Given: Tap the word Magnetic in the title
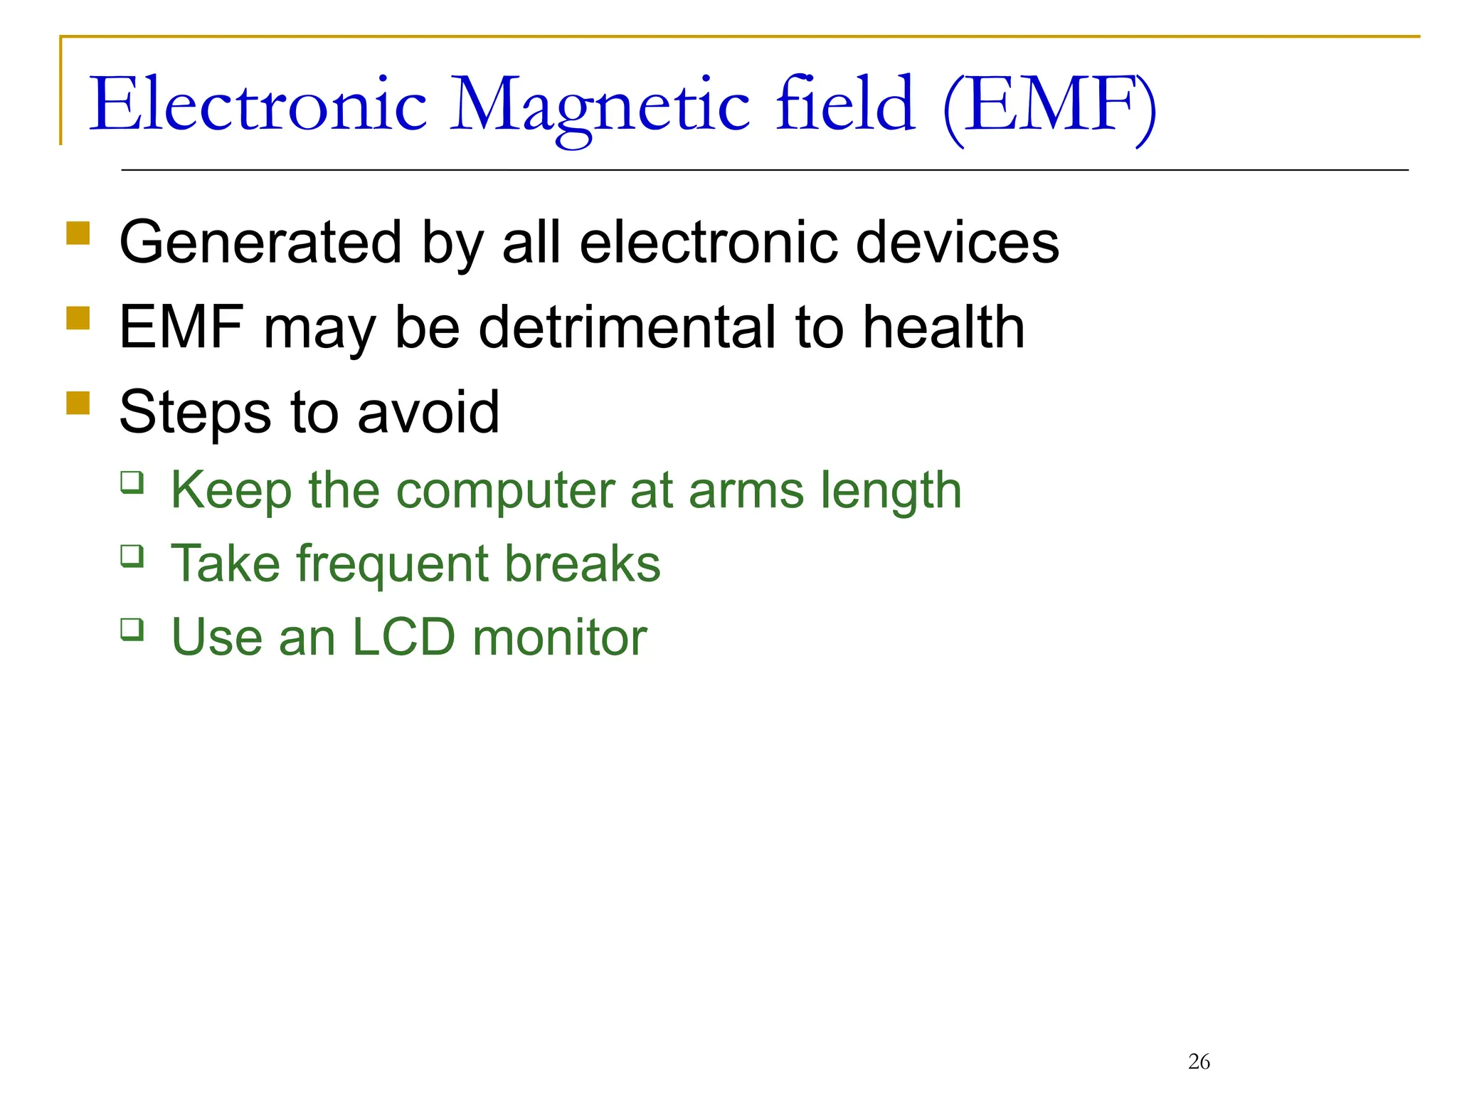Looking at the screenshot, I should [x=599, y=107].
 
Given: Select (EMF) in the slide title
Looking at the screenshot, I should [x=1049, y=107].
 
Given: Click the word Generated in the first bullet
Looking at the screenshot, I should [x=260, y=243].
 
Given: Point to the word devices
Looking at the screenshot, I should [x=957, y=243].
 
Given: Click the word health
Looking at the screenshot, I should [x=943, y=327].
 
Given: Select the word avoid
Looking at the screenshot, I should [x=428, y=413].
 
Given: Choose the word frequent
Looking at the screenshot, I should [x=392, y=564].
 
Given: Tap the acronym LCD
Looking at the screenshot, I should [x=403, y=637].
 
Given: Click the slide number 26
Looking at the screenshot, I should [x=1199, y=1062].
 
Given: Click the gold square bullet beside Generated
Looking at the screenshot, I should [x=78, y=233].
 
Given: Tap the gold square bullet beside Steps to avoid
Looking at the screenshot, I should [x=78, y=403].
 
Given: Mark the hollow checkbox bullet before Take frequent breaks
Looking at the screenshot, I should [x=132, y=555].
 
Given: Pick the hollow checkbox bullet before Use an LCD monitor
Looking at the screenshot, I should [x=132, y=629].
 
